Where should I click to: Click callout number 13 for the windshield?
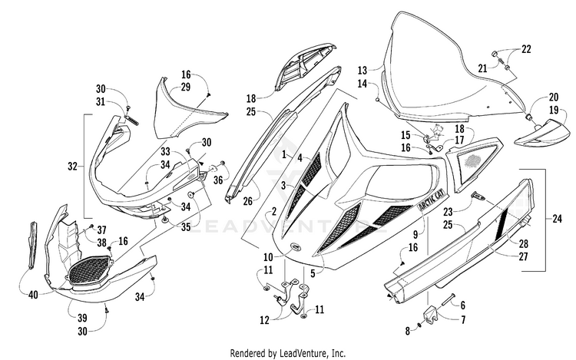click(x=362, y=70)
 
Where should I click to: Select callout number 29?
click(x=186, y=87)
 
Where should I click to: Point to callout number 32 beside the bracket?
click(x=73, y=167)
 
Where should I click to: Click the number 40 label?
click(x=34, y=294)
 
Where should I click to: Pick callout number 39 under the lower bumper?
click(x=82, y=318)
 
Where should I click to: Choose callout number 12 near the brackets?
click(x=264, y=320)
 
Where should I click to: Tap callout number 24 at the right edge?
click(x=558, y=219)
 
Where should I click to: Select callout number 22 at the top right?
click(x=526, y=49)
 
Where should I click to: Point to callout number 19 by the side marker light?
click(x=554, y=110)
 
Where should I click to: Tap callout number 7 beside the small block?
click(x=463, y=320)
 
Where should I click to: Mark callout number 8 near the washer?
click(x=407, y=331)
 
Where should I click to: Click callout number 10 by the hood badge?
click(x=268, y=256)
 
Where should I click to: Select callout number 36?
click(x=218, y=180)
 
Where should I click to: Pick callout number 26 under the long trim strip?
click(x=248, y=201)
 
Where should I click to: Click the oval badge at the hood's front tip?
click(x=296, y=246)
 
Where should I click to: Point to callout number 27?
click(x=523, y=256)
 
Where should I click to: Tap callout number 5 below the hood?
click(x=313, y=273)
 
